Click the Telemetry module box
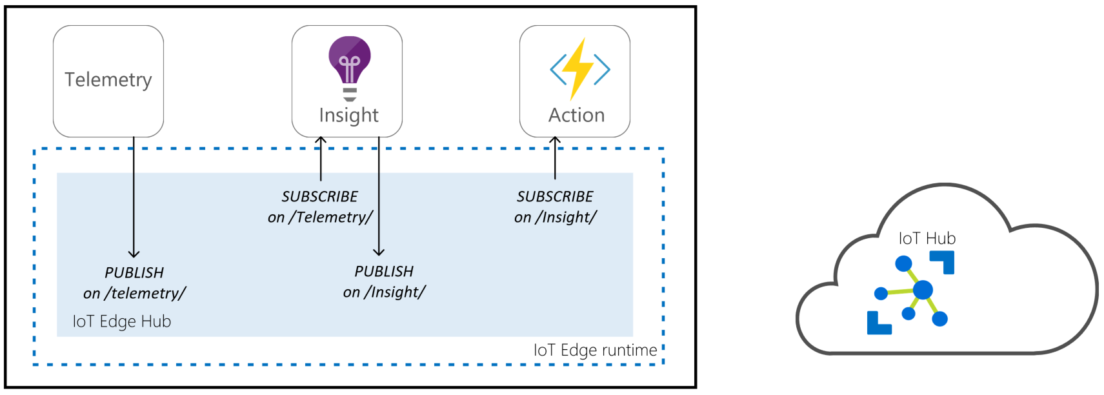point(108,81)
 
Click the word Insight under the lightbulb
point(348,115)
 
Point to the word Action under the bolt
point(576,115)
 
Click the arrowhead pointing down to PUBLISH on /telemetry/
point(134,254)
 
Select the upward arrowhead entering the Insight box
point(321,140)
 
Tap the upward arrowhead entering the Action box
point(555,140)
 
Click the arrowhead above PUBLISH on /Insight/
point(379,252)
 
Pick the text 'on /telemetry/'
point(134,293)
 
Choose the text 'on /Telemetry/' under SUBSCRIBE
point(320,217)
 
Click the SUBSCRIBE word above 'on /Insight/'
point(555,196)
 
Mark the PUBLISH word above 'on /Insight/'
point(384,271)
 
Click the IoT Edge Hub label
point(121,321)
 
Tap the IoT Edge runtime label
point(595,350)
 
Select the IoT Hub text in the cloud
point(927,238)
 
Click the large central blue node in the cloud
point(923,290)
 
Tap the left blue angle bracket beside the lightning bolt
point(558,69)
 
